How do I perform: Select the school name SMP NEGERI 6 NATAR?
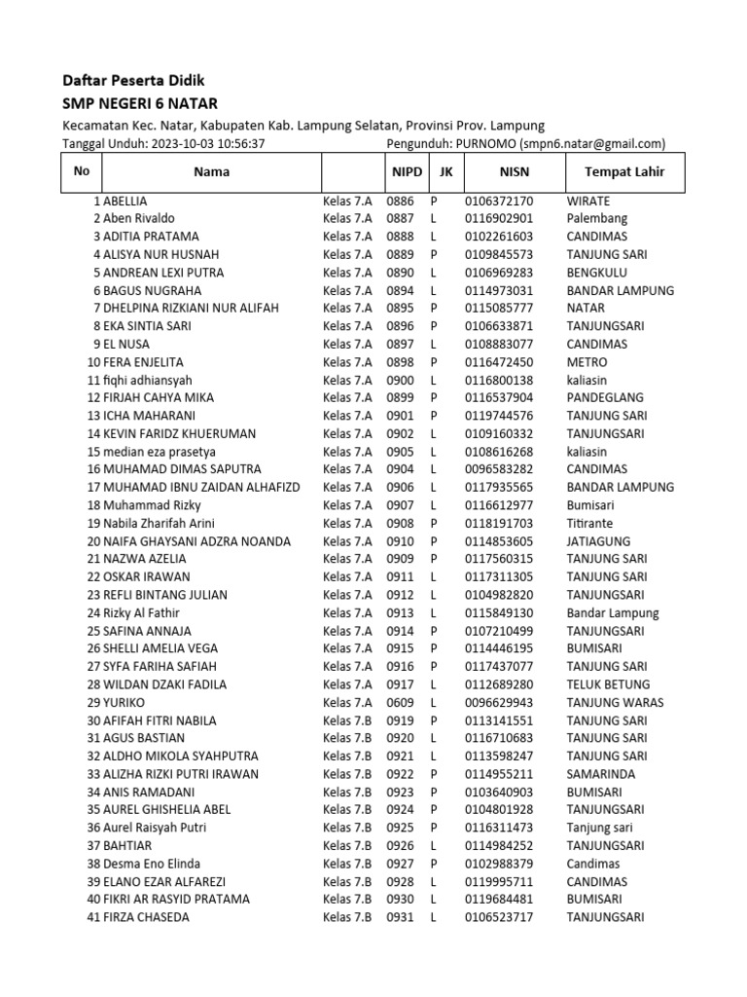(140, 103)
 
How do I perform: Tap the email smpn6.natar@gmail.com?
(590, 143)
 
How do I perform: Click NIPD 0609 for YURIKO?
(400, 702)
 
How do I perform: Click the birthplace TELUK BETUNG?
(608, 684)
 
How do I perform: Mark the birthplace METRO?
(587, 362)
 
